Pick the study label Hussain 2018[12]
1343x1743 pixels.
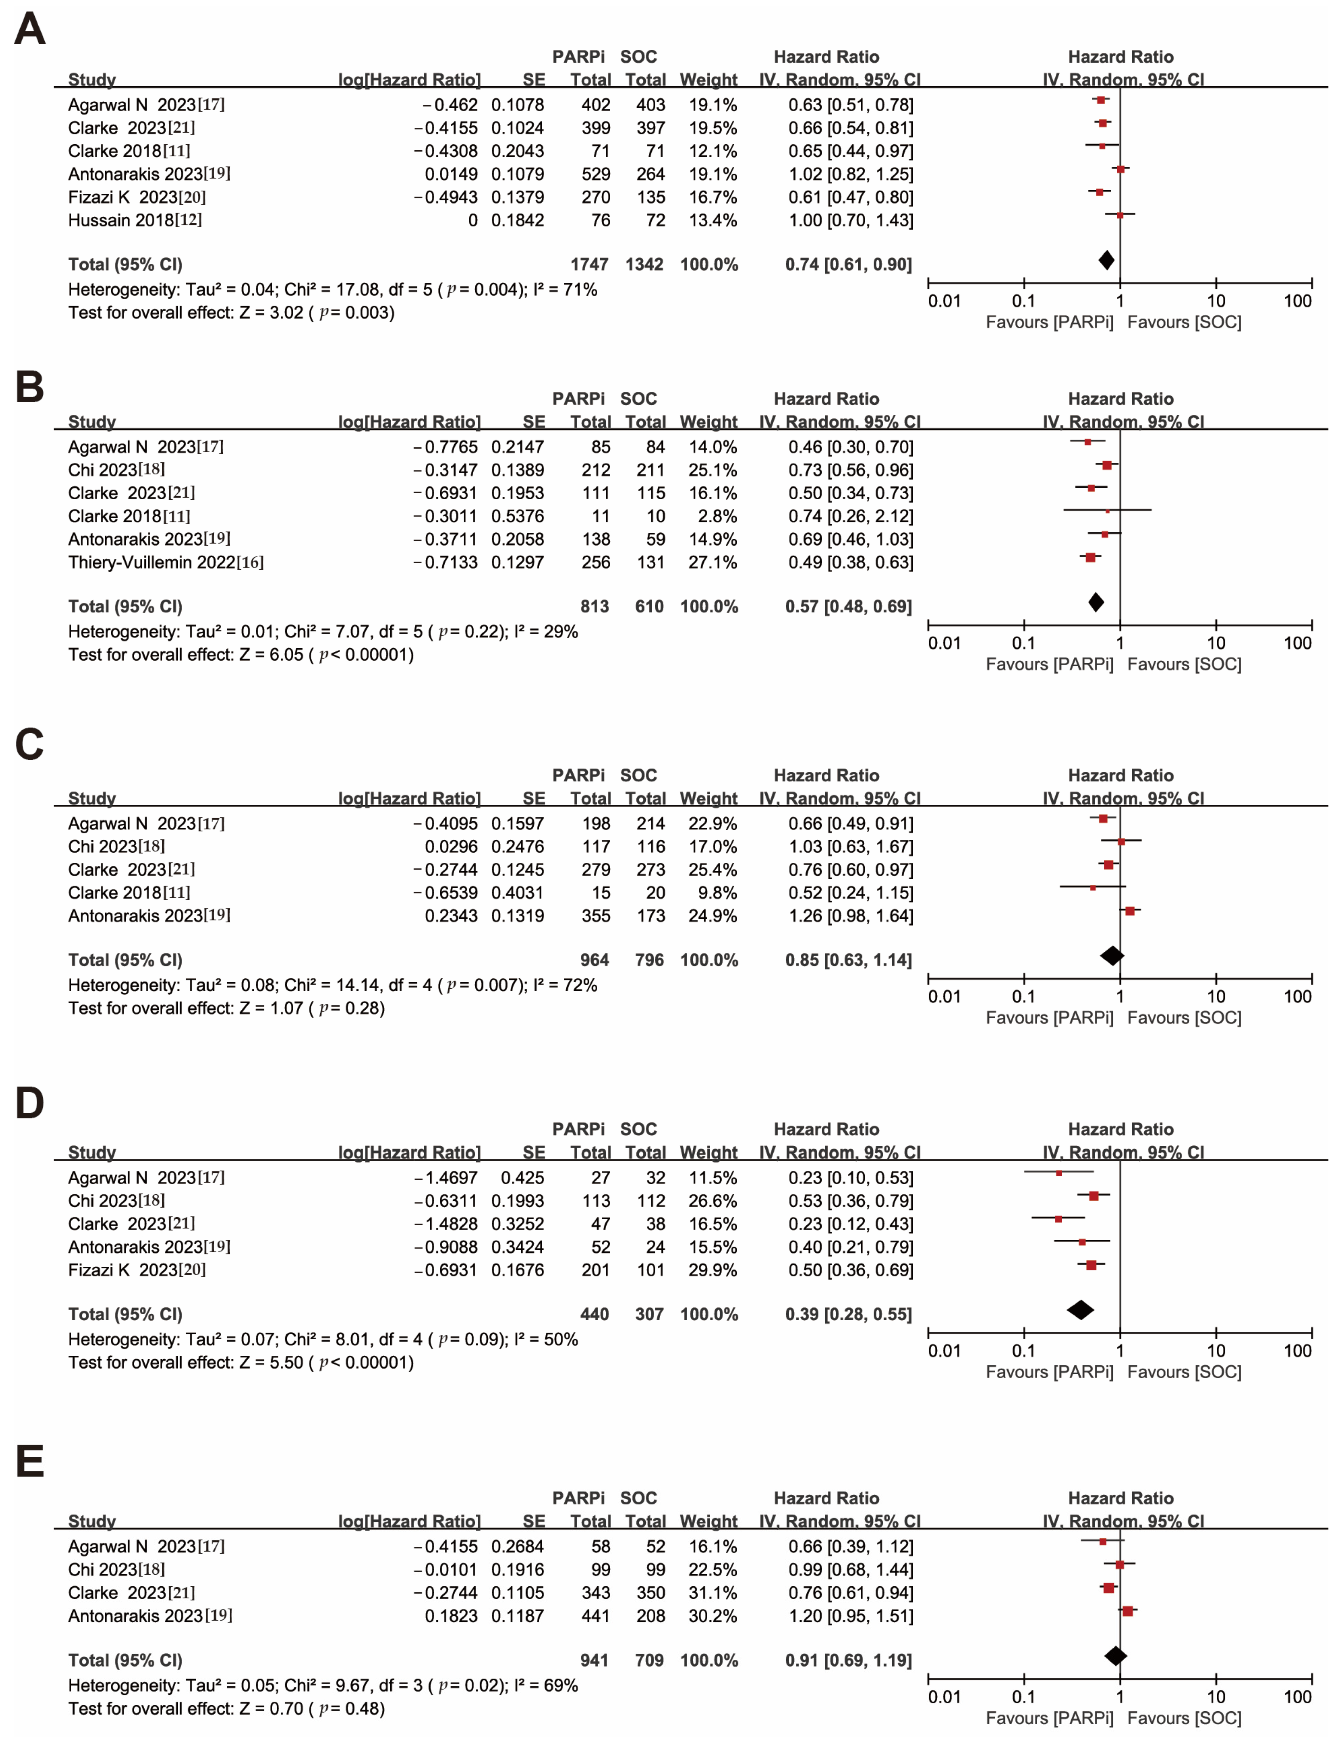coord(135,220)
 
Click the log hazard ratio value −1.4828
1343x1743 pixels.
coord(445,1224)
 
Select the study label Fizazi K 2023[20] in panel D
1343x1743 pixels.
coord(137,1270)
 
